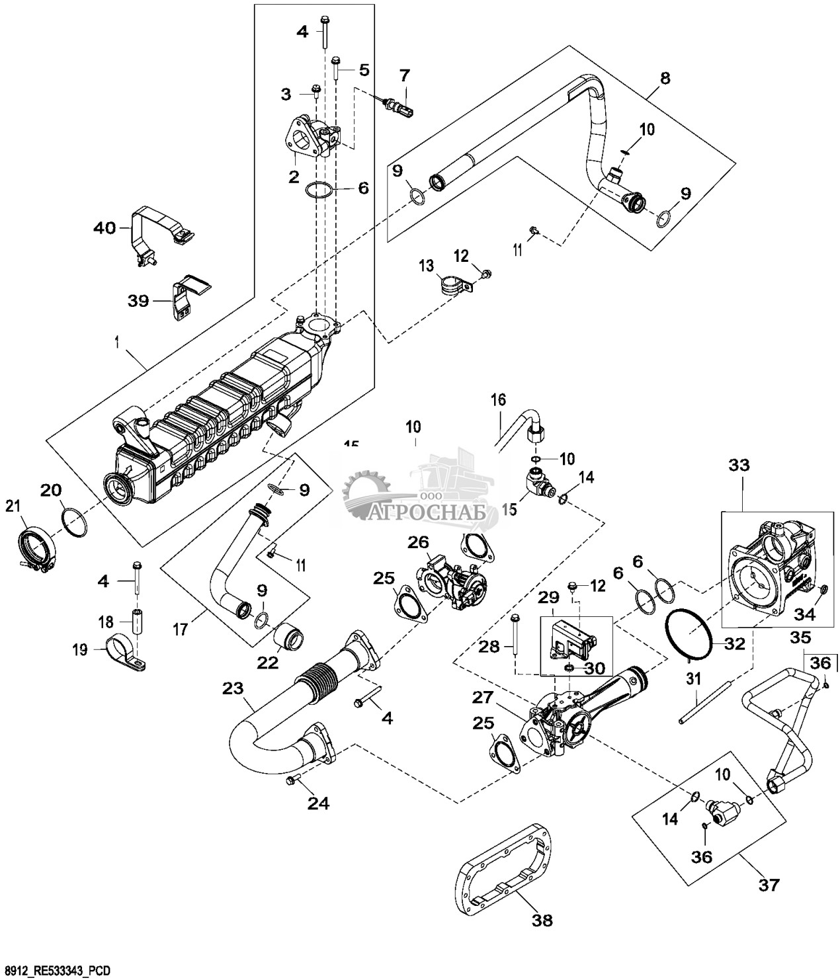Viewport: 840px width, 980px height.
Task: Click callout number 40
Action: [103, 229]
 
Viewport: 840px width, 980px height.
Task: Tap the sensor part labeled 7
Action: [398, 106]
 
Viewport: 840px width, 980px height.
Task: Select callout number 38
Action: [542, 919]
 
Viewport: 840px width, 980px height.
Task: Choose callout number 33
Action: [739, 465]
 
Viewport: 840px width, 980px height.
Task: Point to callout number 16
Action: [497, 399]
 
